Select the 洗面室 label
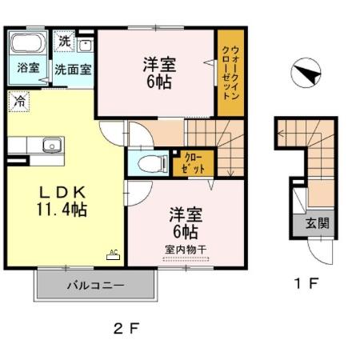coord(73,69)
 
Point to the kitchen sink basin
coord(51,146)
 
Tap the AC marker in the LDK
coord(113,254)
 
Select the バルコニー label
coord(94,285)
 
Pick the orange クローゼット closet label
coord(194,163)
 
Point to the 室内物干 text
coord(186,250)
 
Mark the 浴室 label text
coord(27,69)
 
